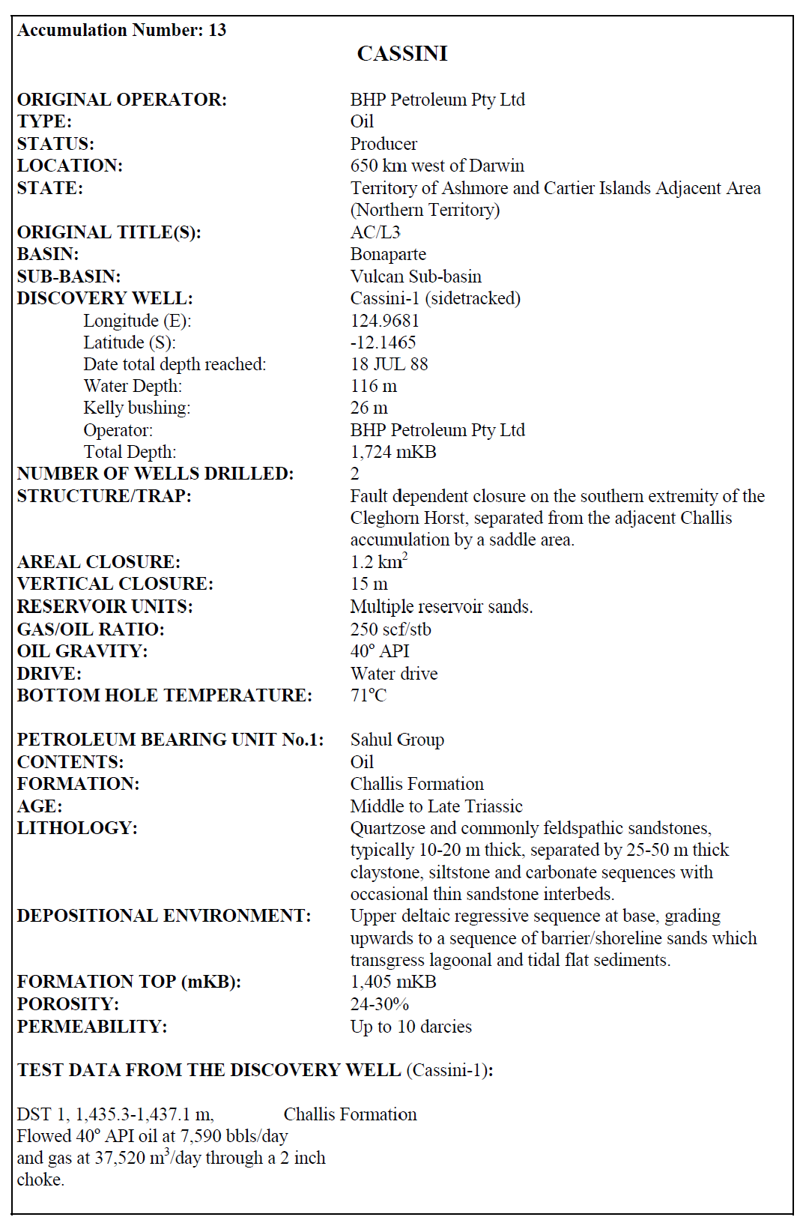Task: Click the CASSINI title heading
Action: click(x=402, y=54)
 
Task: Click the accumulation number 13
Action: click(x=217, y=30)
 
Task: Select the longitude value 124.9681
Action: click(x=384, y=321)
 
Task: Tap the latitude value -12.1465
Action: click(x=383, y=342)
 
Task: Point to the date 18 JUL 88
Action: click(x=389, y=364)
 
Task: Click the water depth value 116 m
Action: click(x=373, y=386)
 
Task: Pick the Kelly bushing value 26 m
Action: click(x=369, y=408)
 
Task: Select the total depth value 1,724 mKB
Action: click(x=393, y=452)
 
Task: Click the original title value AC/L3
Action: click(x=375, y=232)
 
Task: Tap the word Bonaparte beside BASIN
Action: click(x=387, y=254)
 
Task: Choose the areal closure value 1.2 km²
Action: click(x=378, y=561)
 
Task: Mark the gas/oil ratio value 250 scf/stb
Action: click(x=390, y=629)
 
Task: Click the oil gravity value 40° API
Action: click(x=379, y=650)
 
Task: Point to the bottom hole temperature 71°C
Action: click(x=368, y=695)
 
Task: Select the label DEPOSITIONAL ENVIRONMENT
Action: click(x=163, y=916)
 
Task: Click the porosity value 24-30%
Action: click(x=379, y=1004)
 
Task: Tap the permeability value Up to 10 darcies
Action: click(x=410, y=1027)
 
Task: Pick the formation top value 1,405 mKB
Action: click(x=393, y=982)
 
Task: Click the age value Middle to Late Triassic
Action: click(x=436, y=806)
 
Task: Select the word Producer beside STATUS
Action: click(x=384, y=144)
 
